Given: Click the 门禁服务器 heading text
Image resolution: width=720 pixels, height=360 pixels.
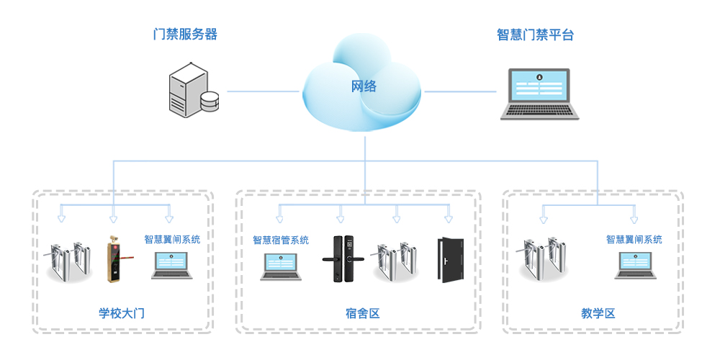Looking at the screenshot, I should pyautogui.click(x=185, y=34).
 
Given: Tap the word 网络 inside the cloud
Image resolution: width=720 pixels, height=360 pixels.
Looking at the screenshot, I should pyautogui.click(x=364, y=87).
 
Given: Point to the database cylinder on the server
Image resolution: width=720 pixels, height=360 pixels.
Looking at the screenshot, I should pyautogui.click(x=210, y=102).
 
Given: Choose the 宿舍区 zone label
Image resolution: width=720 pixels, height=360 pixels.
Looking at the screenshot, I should pyautogui.click(x=362, y=313).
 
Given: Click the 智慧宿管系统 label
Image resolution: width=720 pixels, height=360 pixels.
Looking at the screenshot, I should pyautogui.click(x=281, y=240).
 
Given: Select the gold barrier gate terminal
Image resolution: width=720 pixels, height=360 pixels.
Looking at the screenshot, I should pyautogui.click(x=113, y=259).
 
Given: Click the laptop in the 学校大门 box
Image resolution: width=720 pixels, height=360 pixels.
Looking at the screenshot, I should pyautogui.click(x=172, y=265).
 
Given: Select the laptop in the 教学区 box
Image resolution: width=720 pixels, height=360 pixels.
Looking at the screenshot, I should pyautogui.click(x=634, y=265).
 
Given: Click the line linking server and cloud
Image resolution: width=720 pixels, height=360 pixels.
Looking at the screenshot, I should pyautogui.click(x=263, y=91).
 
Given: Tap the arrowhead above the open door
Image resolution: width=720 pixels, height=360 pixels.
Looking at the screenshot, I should pyautogui.click(x=448, y=217).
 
